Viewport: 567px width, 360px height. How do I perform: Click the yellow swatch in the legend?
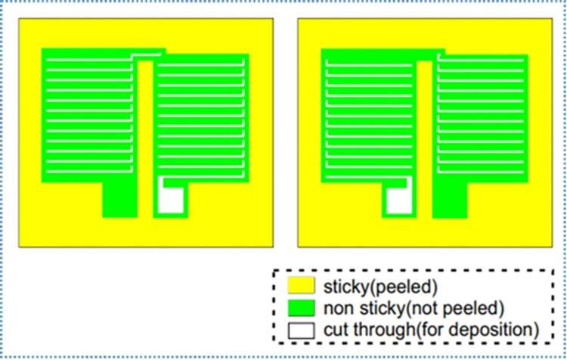coord(301,286)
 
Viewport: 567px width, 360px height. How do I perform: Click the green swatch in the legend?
coord(301,308)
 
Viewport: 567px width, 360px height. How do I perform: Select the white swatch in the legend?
coord(301,330)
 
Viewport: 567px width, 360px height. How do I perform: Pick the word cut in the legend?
coord(333,330)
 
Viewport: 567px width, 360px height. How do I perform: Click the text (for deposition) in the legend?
coord(476,330)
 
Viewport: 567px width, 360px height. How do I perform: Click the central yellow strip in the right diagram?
coord(425,136)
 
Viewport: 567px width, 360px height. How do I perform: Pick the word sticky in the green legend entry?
coord(376,308)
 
